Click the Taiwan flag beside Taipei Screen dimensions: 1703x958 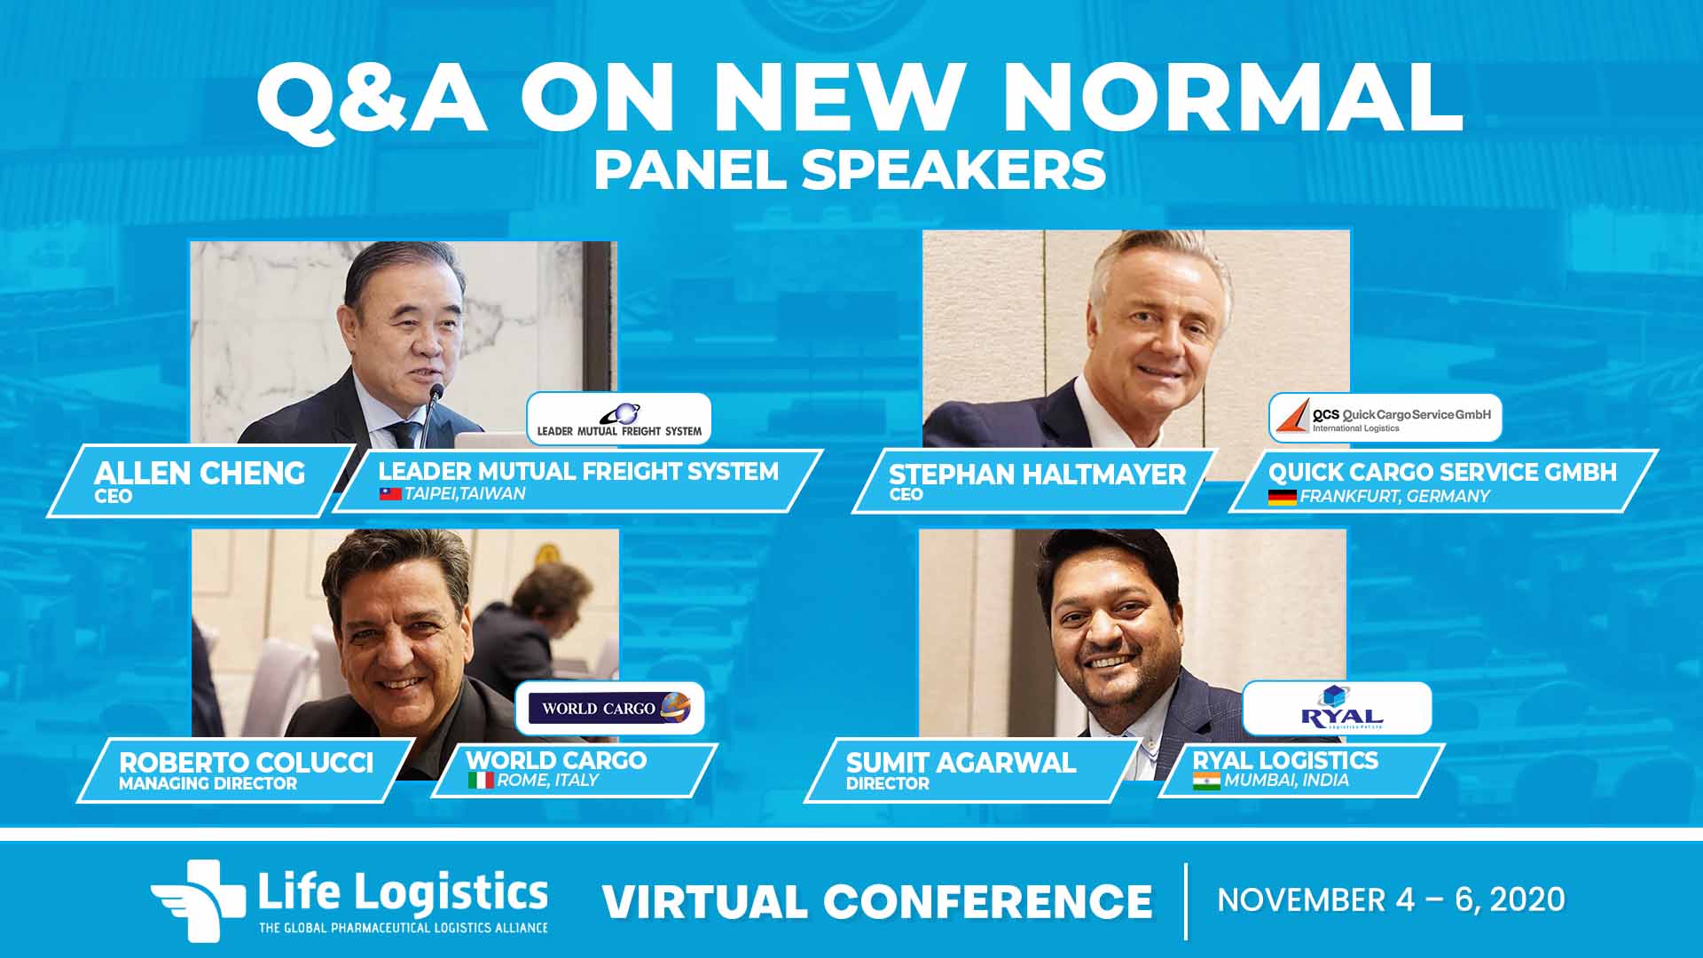(x=390, y=494)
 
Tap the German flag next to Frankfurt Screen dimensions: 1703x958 (x=1282, y=497)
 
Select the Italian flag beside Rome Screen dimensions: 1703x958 (x=481, y=781)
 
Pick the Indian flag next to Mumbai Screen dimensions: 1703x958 (x=1206, y=781)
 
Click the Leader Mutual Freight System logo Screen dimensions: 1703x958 (x=619, y=419)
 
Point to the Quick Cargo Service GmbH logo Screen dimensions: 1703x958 (x=1385, y=418)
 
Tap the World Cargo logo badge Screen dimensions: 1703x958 (x=610, y=708)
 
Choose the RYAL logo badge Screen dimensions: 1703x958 (x=1338, y=708)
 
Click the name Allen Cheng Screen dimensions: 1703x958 (x=200, y=473)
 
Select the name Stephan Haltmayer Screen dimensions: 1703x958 (x=1037, y=475)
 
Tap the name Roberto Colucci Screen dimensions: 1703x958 (x=247, y=763)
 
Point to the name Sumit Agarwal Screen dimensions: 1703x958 (x=961, y=763)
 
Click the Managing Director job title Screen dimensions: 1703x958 (x=208, y=784)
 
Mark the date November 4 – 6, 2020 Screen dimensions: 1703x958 (x=1391, y=899)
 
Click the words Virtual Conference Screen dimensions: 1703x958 (x=877, y=901)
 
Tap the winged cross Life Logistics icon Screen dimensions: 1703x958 (x=198, y=899)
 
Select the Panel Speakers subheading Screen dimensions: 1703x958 (x=850, y=169)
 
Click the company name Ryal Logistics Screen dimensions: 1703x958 (x=1285, y=760)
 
